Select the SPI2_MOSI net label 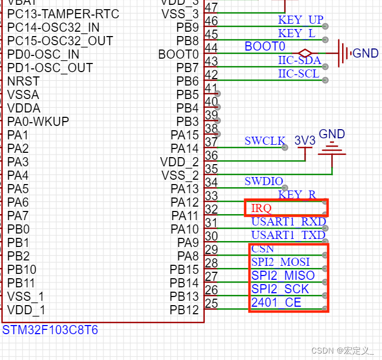281,262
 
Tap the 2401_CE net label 276,302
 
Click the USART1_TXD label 288,235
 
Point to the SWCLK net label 265,141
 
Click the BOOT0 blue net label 265,46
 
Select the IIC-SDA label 300,60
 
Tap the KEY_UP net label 301,20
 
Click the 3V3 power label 305,140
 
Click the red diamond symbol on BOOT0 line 305,53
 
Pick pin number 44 212,48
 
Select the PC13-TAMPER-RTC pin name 63,13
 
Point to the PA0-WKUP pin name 38,122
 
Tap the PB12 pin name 184,310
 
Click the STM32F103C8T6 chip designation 51,330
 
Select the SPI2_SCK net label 280,289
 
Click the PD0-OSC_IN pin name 43,54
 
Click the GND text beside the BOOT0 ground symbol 365,53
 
